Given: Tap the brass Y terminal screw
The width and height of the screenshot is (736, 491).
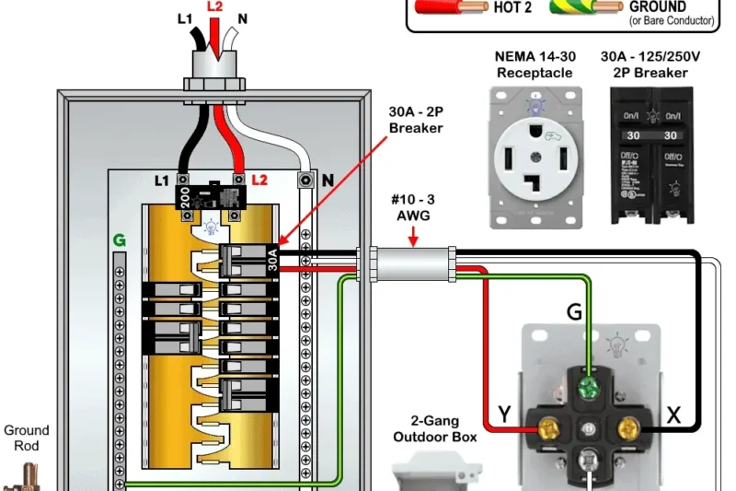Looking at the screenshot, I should pyautogui.click(x=549, y=428).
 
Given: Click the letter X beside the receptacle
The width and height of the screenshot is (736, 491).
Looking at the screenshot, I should pyautogui.click(x=674, y=415).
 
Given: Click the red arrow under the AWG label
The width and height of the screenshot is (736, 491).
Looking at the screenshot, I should pyautogui.click(x=413, y=240).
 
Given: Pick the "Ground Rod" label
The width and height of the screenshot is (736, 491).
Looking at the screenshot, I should pyautogui.click(x=27, y=438).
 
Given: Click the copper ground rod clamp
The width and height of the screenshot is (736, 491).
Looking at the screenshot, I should pyautogui.click(x=20, y=476).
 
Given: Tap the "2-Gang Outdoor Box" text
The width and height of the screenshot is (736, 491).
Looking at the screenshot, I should pyautogui.click(x=435, y=429).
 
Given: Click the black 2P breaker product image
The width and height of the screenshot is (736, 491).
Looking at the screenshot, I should pyautogui.click(x=651, y=154).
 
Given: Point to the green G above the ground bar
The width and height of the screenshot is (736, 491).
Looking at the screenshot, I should pyautogui.click(x=119, y=240).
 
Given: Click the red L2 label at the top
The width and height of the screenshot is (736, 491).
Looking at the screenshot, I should pyautogui.click(x=214, y=7).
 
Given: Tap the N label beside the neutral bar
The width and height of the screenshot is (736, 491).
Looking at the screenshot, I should pyautogui.click(x=327, y=181).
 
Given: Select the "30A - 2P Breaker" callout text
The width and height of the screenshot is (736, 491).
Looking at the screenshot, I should pyautogui.click(x=416, y=119).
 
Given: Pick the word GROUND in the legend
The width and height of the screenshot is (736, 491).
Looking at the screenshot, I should pyautogui.click(x=657, y=6).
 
